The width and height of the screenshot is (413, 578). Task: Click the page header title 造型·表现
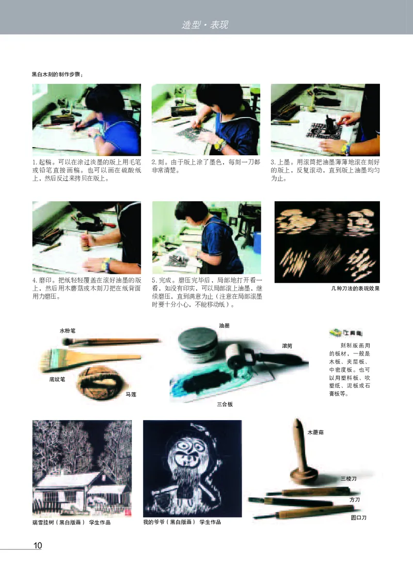[205, 24]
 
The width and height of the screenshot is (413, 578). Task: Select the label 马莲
[131, 394]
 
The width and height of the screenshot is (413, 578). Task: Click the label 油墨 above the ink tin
[224, 326]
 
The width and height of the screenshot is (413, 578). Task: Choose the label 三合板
[225, 404]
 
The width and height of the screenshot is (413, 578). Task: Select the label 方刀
[355, 500]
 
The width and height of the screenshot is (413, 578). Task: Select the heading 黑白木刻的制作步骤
[57, 74]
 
